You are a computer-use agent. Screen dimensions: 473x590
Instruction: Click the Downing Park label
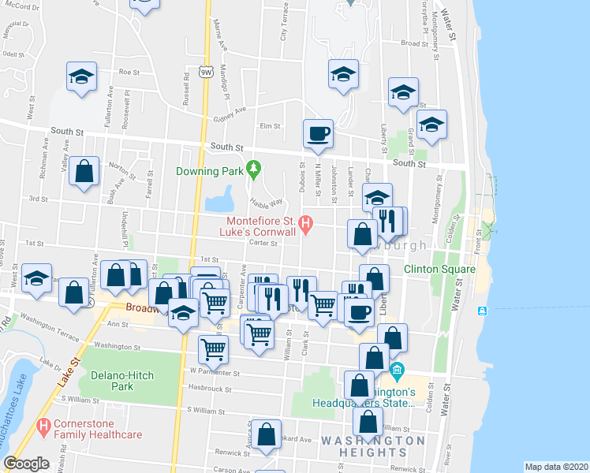(x=211, y=171)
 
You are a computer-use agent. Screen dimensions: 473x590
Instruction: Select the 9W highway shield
(x=206, y=72)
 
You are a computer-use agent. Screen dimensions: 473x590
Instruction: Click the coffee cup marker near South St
(x=318, y=133)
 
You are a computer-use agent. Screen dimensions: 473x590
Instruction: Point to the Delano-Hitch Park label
(x=121, y=381)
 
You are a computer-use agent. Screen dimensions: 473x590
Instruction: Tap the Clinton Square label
(x=439, y=269)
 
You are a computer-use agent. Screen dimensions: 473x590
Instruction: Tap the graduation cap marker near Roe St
(x=81, y=76)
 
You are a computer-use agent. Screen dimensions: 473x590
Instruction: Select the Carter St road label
(x=263, y=243)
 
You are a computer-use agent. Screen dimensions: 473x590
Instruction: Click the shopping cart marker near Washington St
(x=213, y=348)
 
